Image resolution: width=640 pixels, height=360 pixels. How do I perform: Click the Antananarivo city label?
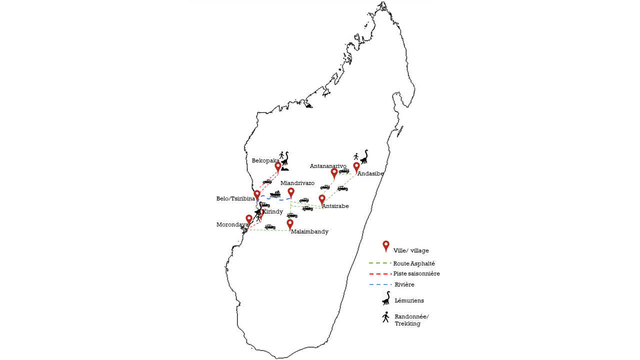328,166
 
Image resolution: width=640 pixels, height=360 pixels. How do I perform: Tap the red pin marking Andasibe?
356,167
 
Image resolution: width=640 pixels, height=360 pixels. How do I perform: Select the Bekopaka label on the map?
265,161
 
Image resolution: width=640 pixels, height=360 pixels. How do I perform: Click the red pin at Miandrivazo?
291,193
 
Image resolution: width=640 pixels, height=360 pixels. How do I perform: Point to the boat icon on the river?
275,194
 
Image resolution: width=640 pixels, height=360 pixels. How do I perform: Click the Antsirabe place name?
335,206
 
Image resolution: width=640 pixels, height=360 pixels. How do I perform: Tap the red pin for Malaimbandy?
290,224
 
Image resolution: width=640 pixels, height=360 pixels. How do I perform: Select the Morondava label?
232,224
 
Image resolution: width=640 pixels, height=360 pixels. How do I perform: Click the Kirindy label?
272,211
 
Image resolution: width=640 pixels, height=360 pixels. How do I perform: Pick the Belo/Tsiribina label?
235,199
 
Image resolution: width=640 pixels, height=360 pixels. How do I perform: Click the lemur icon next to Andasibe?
364,157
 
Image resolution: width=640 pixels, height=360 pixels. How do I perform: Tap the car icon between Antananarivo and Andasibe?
344,171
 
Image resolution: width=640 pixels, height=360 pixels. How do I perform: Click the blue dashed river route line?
274,198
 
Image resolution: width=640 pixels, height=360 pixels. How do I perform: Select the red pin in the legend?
386,246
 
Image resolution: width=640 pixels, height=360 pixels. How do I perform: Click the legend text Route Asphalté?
414,263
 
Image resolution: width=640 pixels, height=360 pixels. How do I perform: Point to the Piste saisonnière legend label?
416,273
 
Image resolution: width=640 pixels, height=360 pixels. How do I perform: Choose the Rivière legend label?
404,284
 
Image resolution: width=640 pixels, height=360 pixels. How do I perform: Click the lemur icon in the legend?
386,298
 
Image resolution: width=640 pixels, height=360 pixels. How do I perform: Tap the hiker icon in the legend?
385,317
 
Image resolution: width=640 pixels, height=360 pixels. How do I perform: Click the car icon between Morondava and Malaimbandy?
270,227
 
